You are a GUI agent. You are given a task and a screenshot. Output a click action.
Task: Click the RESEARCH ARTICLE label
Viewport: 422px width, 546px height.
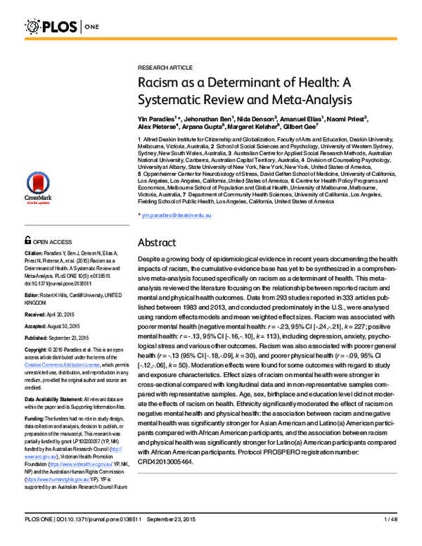165,67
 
